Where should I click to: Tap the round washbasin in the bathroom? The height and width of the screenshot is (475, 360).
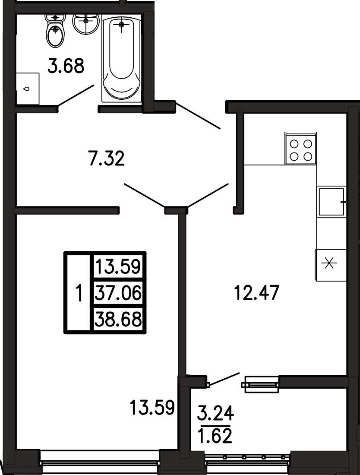86,23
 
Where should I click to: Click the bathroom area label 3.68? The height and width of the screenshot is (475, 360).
66,66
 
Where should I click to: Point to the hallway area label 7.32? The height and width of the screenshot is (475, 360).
107,158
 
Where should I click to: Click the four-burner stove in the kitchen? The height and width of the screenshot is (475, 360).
301,149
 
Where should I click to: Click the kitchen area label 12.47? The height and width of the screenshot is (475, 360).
257,293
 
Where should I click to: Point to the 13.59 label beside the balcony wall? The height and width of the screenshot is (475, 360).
153,408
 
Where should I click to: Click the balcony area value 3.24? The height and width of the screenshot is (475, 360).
215,413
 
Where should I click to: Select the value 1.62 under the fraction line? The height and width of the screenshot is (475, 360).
215,436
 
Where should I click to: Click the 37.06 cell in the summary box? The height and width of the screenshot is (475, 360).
118,293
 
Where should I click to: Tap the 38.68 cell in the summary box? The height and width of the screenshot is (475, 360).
118,319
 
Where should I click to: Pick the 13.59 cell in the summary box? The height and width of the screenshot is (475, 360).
118,267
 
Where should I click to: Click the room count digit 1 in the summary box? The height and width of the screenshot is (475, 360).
79,293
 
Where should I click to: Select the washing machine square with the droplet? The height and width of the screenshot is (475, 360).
27,89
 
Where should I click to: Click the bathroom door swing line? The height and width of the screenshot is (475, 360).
76,95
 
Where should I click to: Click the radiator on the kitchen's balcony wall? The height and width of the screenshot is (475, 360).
260,384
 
